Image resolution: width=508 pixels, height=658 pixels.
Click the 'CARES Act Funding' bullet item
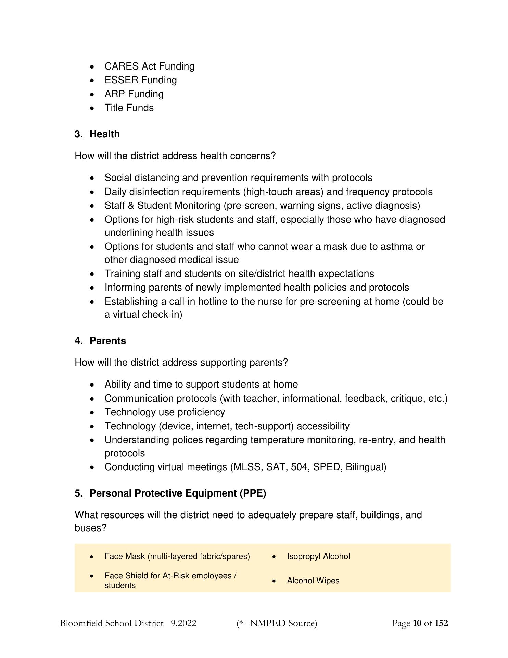pyautogui.click(x=149, y=66)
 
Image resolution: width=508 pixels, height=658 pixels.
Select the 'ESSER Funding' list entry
pyautogui.click(x=141, y=80)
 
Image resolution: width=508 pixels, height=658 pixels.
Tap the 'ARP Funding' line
pyautogui.click(x=134, y=94)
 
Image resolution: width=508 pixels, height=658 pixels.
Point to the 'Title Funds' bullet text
pyautogui.click(x=129, y=108)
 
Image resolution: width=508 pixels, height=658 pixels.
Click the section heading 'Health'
pyautogui.click(x=104, y=134)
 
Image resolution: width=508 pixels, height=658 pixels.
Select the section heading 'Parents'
pyautogui.click(x=107, y=341)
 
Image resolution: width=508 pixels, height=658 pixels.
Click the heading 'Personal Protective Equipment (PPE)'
pyautogui.click(x=178, y=493)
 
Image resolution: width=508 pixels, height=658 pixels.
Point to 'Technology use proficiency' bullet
pyautogui.click(x=165, y=412)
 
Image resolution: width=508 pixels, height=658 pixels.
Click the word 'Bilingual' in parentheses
pyautogui.click(x=366, y=467)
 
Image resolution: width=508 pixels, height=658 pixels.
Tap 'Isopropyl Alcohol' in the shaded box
pyautogui.click(x=318, y=556)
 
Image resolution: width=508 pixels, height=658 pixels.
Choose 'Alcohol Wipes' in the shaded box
pyautogui.click(x=313, y=581)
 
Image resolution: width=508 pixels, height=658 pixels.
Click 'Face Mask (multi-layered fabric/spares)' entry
pyautogui.click(x=177, y=556)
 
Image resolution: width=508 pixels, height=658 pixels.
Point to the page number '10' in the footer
pyautogui.click(x=417, y=623)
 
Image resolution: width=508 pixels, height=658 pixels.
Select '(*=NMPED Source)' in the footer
pyautogui.click(x=277, y=623)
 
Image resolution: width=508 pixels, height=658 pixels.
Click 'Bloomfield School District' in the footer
pyautogui.click(x=112, y=623)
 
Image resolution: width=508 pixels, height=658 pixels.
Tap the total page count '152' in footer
pyautogui.click(x=441, y=623)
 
